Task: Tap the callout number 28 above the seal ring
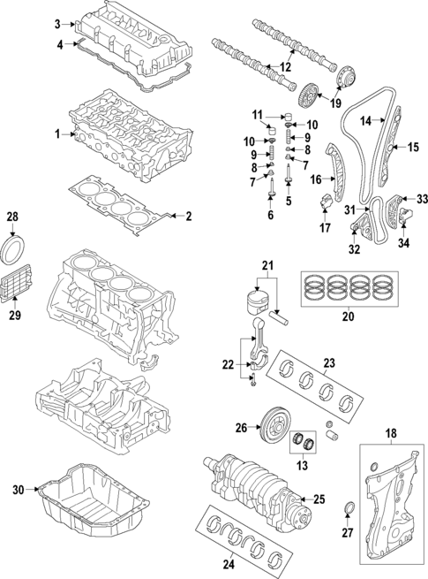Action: tap(12, 216)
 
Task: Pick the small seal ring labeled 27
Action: tap(348, 507)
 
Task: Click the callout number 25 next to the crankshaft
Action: tap(319, 499)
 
